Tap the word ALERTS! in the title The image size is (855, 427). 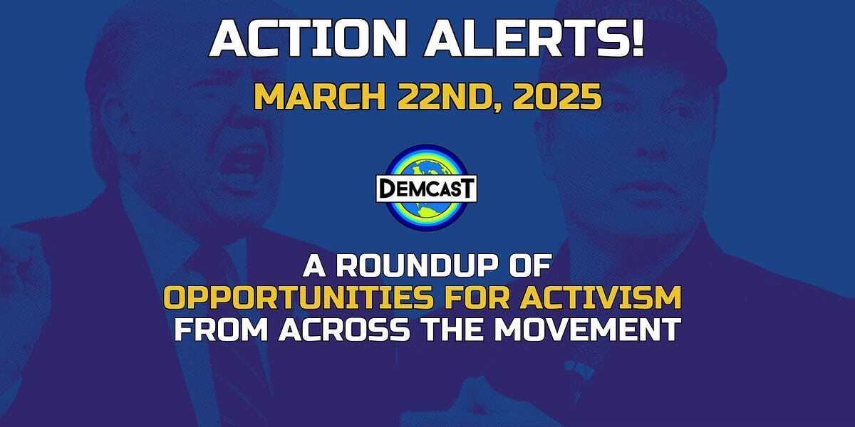(535, 39)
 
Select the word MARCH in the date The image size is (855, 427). (320, 97)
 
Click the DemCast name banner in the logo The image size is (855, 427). (427, 189)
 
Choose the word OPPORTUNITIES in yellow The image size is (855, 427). (299, 297)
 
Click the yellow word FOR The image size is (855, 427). (477, 297)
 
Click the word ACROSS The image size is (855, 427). (344, 329)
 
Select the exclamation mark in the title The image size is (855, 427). (638, 39)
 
